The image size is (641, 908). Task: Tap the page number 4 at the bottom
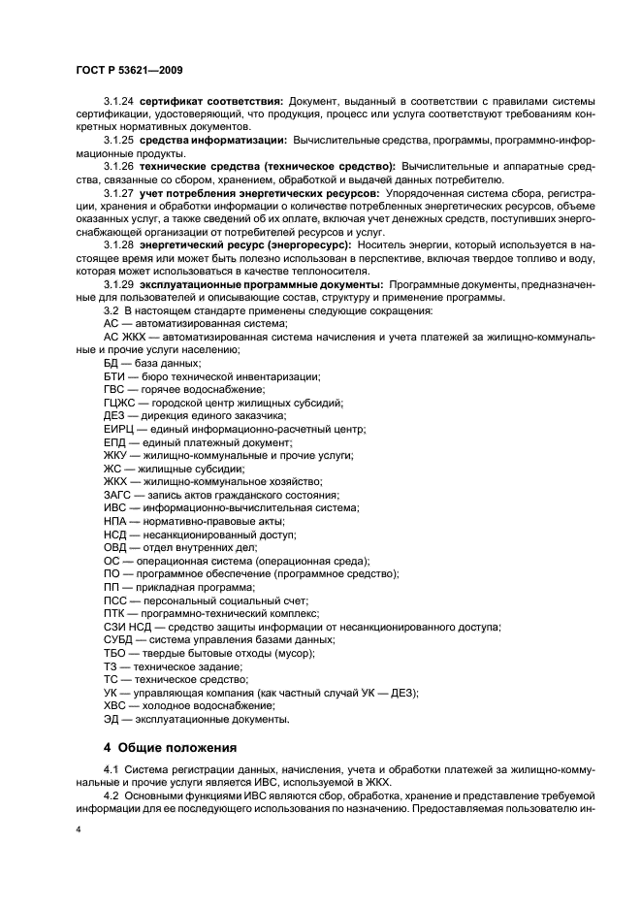80,830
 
